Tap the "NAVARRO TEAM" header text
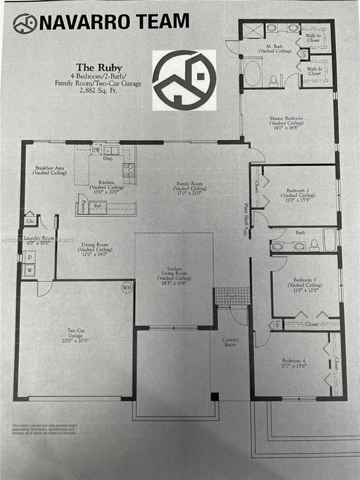(113, 21)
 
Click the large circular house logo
(184, 79)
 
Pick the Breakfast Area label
(50, 170)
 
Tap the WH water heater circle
(127, 287)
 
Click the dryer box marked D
(29, 255)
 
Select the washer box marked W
(29, 271)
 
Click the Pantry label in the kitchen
(82, 207)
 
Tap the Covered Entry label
(230, 342)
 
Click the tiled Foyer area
(232, 295)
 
